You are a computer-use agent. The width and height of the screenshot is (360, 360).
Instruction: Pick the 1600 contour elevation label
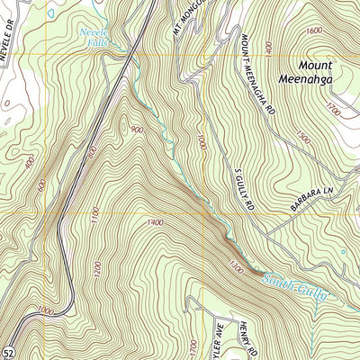pyautogui.click(x=313, y=30)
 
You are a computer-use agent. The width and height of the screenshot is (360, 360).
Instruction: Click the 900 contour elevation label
pyautogui.click(x=136, y=130)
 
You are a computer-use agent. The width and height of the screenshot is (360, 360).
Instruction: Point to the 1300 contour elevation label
pyautogui.click(x=236, y=266)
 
